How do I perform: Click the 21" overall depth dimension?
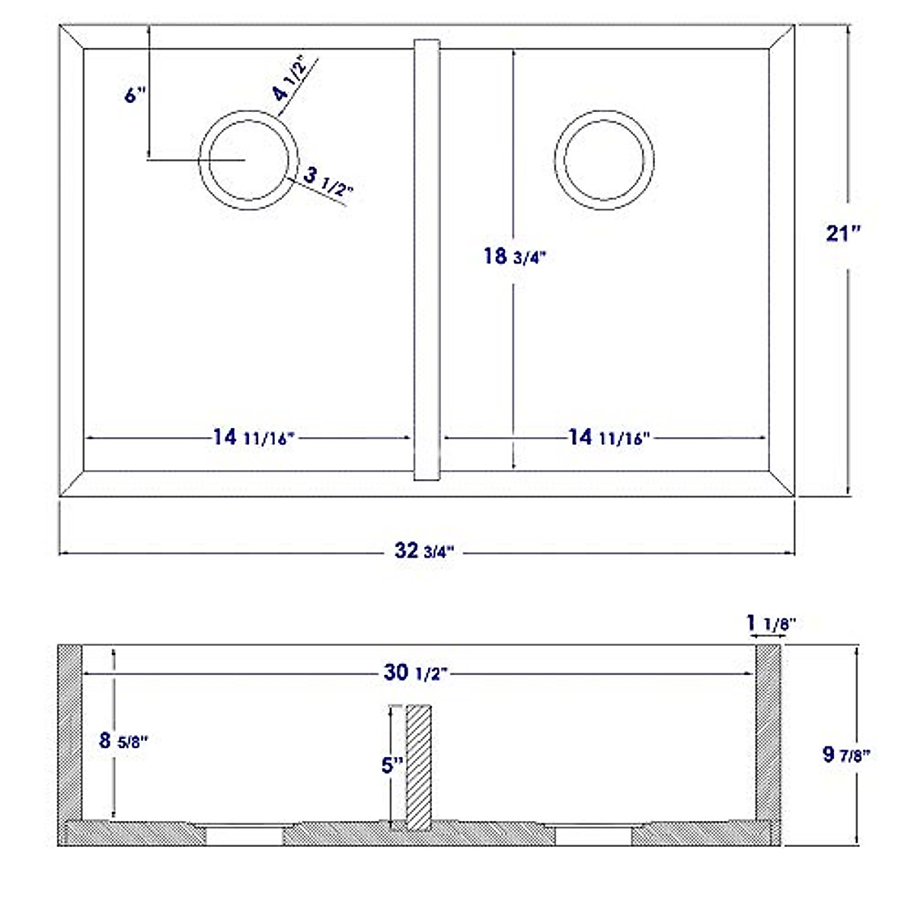pos(843,233)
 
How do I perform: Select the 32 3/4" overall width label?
pos(424,551)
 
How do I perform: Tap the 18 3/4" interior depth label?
pos(515,257)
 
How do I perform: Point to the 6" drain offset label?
pos(133,95)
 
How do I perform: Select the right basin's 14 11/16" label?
pos(608,438)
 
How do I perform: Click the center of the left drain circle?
pos(244,160)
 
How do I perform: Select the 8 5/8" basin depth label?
pos(122,740)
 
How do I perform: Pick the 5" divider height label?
pos(392,765)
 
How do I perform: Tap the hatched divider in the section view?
pos(419,765)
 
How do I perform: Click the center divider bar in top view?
pos(427,259)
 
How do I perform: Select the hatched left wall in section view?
pos(70,731)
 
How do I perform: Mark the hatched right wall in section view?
pos(768,731)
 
